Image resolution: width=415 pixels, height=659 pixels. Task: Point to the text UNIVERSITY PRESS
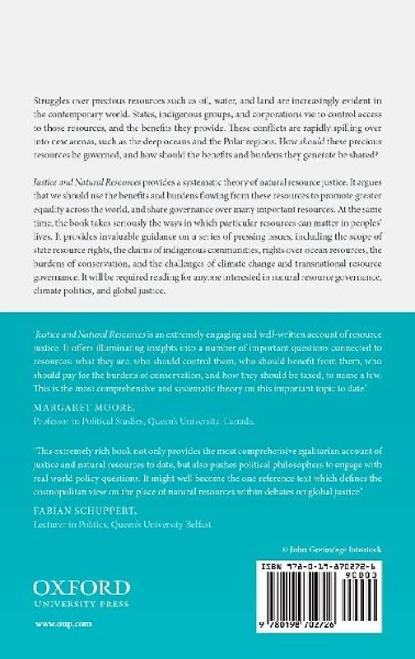pos(82,605)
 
